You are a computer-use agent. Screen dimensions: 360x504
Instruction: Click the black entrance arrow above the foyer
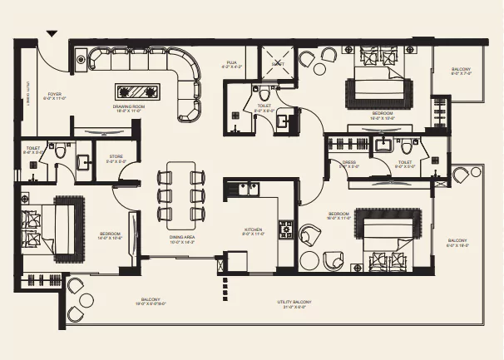point(52,34)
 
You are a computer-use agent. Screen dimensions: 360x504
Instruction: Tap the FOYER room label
point(55,94)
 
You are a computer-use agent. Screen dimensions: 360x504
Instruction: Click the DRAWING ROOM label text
point(130,106)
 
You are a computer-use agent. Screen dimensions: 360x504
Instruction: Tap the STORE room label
point(116,156)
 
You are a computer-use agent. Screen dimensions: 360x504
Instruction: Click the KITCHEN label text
point(254,230)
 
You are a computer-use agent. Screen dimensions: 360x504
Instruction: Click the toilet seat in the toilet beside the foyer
point(61,154)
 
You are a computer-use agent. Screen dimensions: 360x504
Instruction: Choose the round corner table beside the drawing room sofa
point(81,58)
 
